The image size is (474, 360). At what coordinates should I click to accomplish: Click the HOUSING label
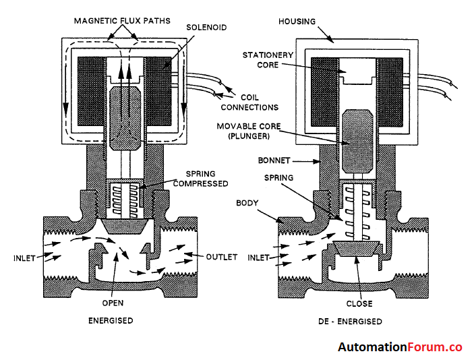(297, 22)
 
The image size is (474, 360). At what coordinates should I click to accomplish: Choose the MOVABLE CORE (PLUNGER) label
(243, 131)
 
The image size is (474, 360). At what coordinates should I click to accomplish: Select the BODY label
(247, 202)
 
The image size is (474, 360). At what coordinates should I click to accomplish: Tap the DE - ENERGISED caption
(355, 321)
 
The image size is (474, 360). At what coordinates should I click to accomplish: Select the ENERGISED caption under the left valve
(111, 320)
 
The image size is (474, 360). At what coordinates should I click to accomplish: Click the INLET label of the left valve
(24, 257)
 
